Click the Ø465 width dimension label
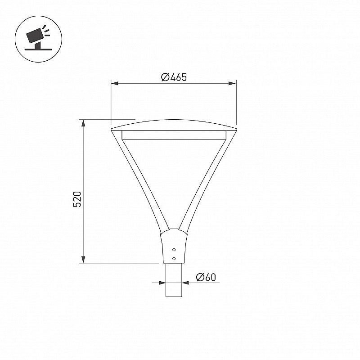(x=174, y=77)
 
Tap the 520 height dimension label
(x=77, y=199)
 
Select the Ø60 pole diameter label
(x=206, y=277)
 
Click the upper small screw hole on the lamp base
(x=174, y=250)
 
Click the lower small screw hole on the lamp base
(x=174, y=259)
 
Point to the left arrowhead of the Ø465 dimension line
(x=114, y=83)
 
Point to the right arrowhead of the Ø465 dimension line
(x=233, y=83)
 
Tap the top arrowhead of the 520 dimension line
(x=84, y=123)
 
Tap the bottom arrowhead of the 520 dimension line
(x=84, y=260)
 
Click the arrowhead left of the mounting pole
(x=162, y=283)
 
